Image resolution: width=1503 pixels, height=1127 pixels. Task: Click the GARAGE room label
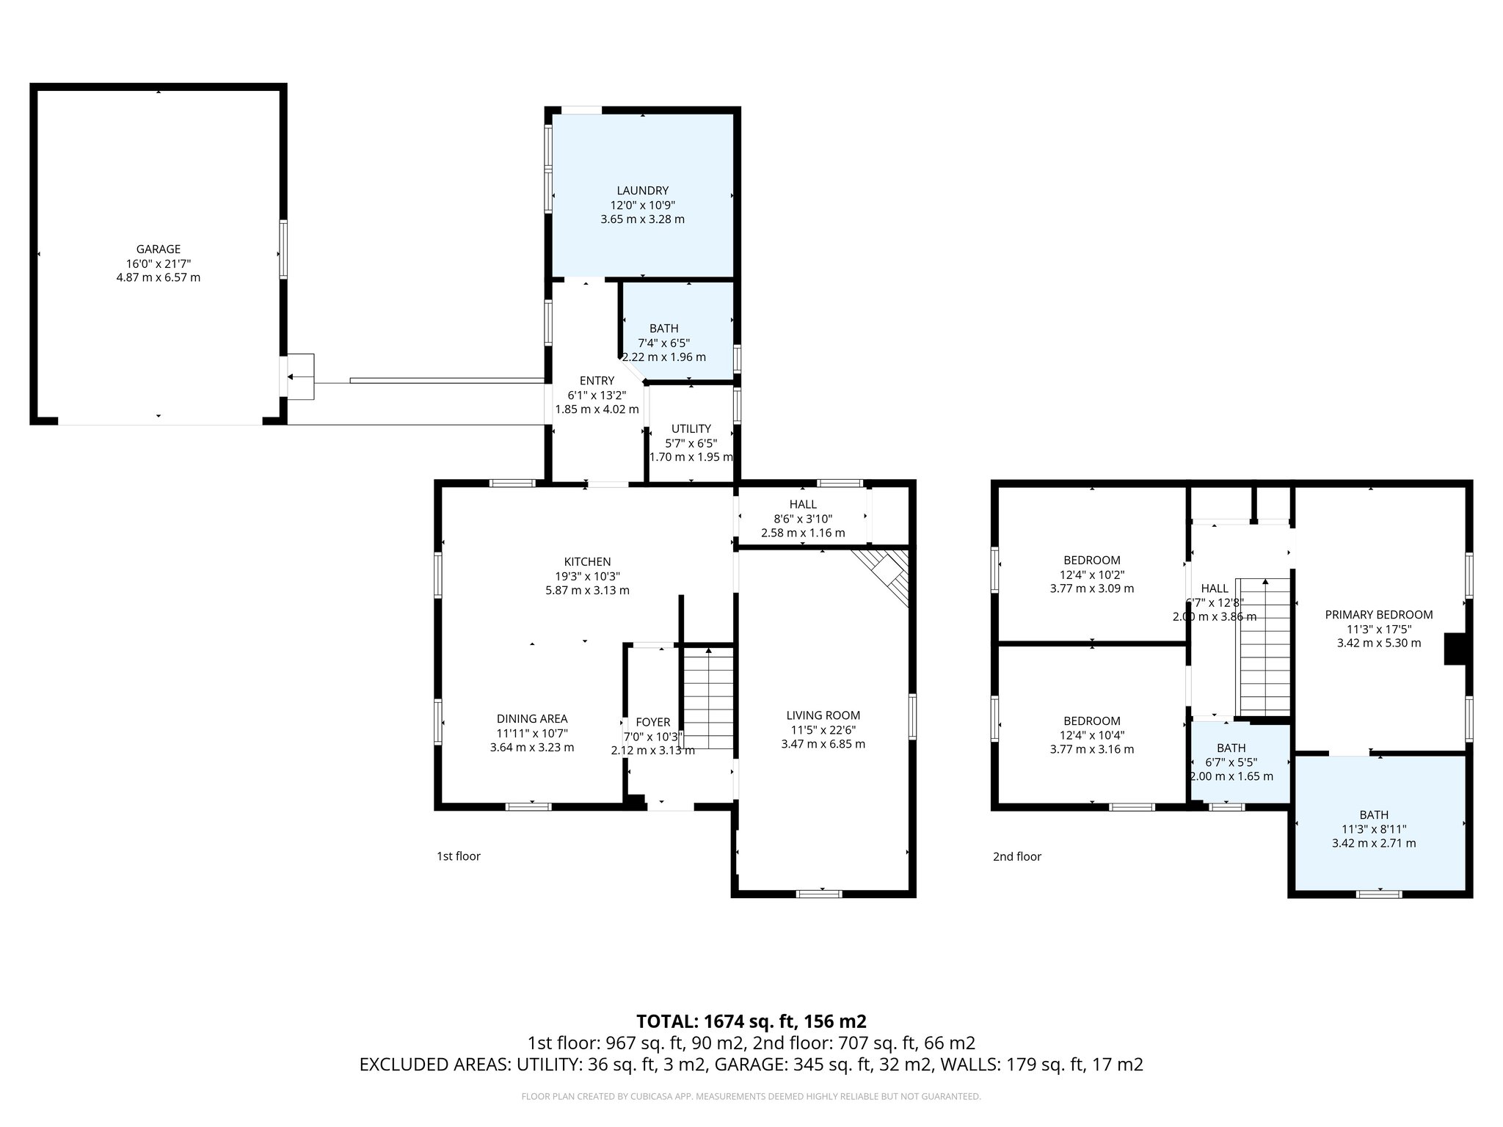[158, 249]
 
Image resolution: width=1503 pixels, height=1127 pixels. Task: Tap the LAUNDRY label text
[642, 191]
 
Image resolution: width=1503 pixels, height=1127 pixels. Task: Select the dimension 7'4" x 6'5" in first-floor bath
[663, 343]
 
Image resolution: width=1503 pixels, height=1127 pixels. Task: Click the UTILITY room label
[691, 428]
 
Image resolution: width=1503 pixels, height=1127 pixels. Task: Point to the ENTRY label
[597, 381]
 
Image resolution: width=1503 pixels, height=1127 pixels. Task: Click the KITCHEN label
[587, 562]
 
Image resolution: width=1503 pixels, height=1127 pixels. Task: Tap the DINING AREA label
[531, 719]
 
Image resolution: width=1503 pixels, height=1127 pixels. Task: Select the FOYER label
[652, 723]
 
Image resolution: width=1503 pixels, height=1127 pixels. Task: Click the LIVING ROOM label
[823, 715]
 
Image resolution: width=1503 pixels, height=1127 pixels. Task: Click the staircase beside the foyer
[708, 697]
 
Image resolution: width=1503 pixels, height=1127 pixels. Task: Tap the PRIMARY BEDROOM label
[1378, 615]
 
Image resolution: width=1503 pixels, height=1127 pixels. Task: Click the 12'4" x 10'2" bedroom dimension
[1091, 575]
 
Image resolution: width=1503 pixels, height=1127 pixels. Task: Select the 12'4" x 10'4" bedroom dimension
[1091, 735]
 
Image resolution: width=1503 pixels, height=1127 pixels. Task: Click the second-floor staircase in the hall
[1264, 646]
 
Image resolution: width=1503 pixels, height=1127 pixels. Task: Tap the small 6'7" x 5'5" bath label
[1231, 748]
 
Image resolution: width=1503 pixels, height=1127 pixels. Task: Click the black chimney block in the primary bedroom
[1454, 649]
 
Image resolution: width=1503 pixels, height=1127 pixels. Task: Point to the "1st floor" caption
[458, 856]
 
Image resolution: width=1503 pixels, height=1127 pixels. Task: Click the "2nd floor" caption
[1016, 856]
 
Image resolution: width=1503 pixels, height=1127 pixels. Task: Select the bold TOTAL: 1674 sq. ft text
[751, 1021]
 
